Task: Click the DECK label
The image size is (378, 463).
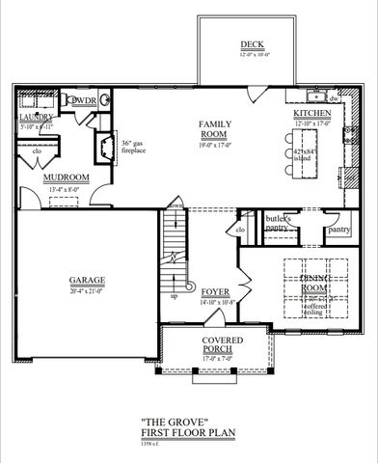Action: pos(254,44)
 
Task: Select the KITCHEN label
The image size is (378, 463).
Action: pos(311,113)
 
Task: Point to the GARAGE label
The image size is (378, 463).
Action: pos(87,281)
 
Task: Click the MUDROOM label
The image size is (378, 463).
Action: pos(67,177)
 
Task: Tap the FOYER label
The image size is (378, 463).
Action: pos(215,290)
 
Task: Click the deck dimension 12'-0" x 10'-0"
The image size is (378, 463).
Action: pos(254,54)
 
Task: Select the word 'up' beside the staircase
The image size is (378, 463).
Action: pos(174,296)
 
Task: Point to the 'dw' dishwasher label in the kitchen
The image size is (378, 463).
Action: pos(333,98)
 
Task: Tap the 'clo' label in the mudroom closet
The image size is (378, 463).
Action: pos(37,151)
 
